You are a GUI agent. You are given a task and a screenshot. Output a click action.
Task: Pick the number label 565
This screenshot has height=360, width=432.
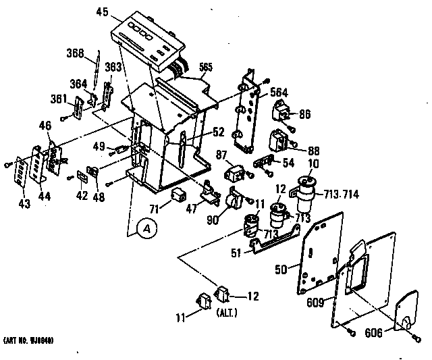205,68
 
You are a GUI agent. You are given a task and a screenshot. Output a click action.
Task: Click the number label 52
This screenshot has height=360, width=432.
201,132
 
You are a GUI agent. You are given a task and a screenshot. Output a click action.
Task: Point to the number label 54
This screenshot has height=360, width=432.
289,164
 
